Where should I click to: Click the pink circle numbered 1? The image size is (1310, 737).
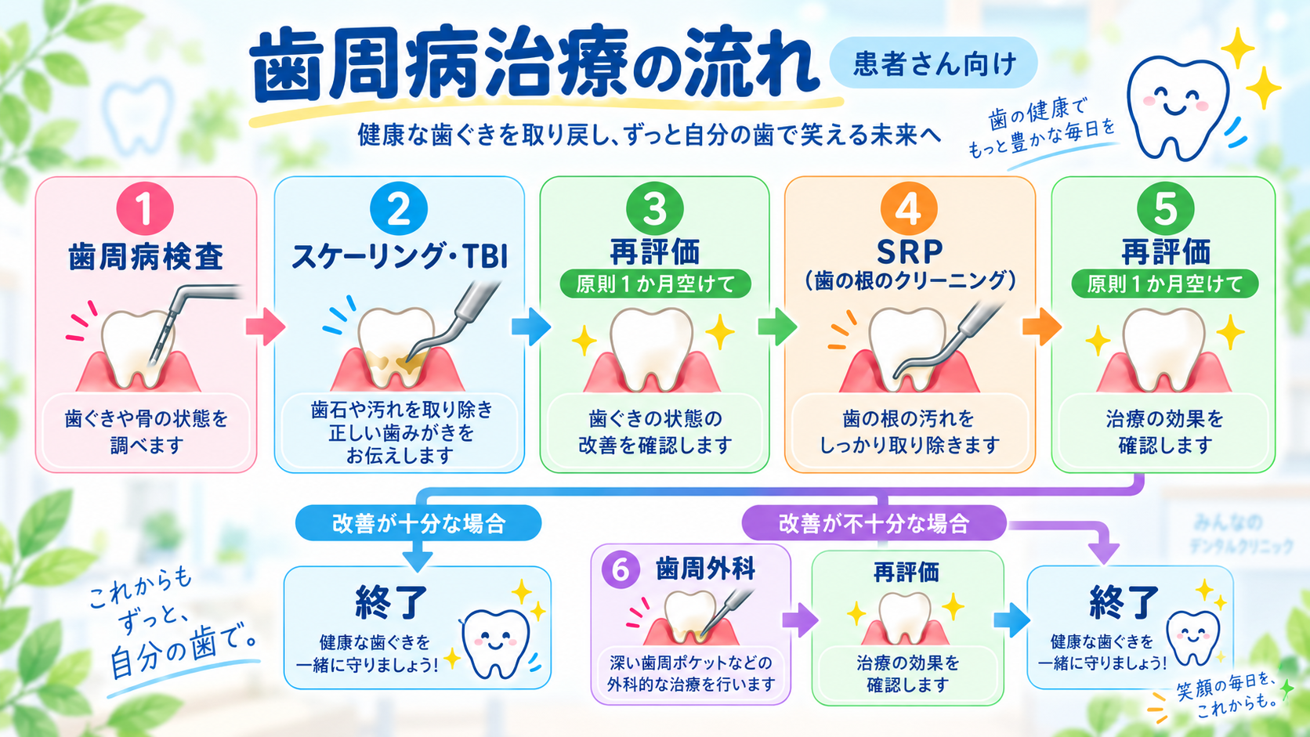click(145, 208)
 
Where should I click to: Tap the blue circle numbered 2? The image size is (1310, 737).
click(399, 208)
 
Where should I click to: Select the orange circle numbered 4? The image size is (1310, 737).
click(909, 208)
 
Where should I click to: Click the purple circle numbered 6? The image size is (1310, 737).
click(620, 569)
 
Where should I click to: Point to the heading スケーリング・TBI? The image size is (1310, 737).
click(399, 257)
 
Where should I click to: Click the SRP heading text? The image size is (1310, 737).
click(910, 252)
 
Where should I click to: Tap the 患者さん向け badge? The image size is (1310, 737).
click(933, 63)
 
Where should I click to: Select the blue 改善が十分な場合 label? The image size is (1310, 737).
click(418, 523)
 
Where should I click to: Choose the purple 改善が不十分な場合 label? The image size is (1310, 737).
click(874, 523)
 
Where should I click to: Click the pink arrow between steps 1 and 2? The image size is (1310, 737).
click(266, 326)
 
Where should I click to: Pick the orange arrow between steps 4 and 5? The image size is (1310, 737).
click(1042, 326)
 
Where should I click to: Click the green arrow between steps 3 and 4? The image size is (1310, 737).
click(777, 326)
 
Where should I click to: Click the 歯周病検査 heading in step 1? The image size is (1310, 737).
click(146, 257)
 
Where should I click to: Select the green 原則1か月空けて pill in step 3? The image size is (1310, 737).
click(655, 284)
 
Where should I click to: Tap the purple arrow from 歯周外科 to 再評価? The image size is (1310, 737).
click(800, 620)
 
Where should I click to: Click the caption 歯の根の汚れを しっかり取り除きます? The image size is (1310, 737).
click(909, 432)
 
